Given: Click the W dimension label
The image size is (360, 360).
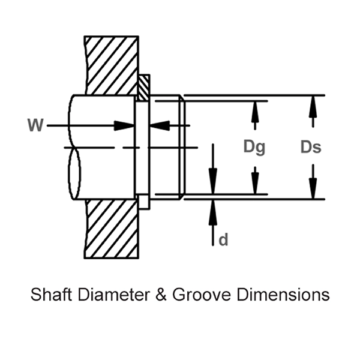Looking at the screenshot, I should [35, 125].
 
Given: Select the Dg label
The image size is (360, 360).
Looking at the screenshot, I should [254, 148].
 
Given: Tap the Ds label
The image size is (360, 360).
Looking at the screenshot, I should [311, 148].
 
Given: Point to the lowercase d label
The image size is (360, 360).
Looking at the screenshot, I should [223, 240].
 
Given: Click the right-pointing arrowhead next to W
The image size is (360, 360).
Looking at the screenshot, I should [125, 125].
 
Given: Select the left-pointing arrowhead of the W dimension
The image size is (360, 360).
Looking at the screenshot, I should [159, 125].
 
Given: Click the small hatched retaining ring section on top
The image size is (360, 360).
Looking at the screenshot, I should [144, 88].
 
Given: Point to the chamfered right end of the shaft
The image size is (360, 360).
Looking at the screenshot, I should [181, 147].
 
